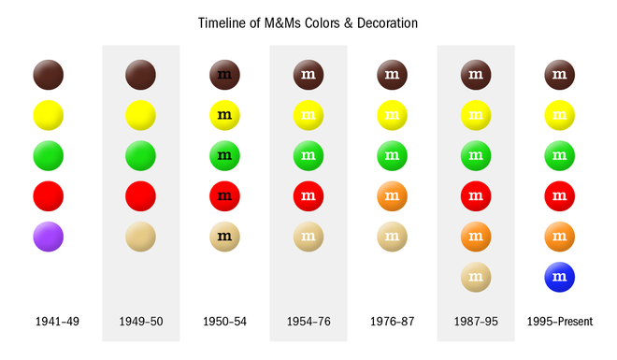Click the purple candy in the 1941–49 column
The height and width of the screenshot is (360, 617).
click(x=48, y=238)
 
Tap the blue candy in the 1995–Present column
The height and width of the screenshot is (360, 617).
click(x=559, y=278)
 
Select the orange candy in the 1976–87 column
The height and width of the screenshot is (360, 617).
click(x=392, y=196)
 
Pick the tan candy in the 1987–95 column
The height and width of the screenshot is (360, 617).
click(x=476, y=278)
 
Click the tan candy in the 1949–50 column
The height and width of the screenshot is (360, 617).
click(x=140, y=238)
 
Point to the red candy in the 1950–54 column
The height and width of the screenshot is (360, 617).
click(x=224, y=196)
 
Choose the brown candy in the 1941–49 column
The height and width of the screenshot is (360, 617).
click(x=48, y=74)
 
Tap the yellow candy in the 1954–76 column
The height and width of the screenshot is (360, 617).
click(x=308, y=115)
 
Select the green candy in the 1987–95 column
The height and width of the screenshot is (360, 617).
click(x=476, y=155)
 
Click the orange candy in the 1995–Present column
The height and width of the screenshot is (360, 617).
click(x=559, y=238)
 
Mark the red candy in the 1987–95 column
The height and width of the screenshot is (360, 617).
click(x=476, y=196)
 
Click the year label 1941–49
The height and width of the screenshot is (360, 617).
click(x=57, y=322)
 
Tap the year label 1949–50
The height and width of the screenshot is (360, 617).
click(x=140, y=322)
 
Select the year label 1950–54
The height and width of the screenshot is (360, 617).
click(x=224, y=322)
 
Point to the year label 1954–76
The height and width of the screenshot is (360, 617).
click(x=308, y=322)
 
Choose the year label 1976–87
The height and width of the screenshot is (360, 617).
click(x=392, y=322)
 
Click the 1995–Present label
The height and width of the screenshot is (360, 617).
click(x=559, y=322)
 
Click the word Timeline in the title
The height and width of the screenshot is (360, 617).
click(x=225, y=22)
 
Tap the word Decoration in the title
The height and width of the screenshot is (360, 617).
click(x=384, y=22)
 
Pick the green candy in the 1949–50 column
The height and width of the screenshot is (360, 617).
click(x=140, y=155)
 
